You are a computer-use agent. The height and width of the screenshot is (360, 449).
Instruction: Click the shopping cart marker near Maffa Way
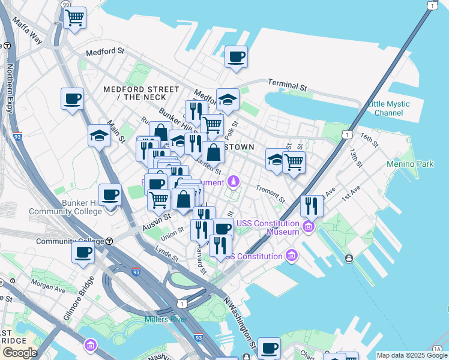point(74,17)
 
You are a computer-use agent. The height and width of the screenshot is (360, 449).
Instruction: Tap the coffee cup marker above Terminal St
point(236,57)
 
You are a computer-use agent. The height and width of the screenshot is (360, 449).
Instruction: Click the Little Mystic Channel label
point(388,108)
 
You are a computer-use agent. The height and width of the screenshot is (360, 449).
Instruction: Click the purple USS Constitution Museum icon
point(309,226)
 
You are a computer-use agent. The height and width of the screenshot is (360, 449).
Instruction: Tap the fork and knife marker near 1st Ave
point(312,206)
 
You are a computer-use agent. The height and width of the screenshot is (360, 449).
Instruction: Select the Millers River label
point(166,319)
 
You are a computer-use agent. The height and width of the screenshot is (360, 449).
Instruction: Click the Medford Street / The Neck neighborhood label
point(141,93)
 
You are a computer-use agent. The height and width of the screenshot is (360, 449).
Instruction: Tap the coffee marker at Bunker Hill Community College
point(110,195)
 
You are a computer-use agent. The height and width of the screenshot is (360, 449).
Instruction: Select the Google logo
point(19,352)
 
